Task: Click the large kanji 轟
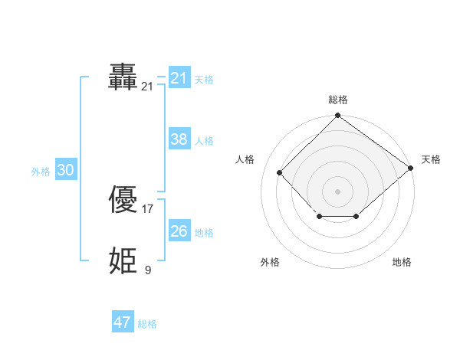click(123, 77)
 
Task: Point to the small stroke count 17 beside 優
click(148, 208)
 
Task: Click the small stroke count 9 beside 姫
click(148, 269)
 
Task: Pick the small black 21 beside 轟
click(148, 87)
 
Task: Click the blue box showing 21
click(179, 78)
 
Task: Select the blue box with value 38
click(179, 139)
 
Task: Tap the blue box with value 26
click(179, 231)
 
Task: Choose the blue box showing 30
click(65, 171)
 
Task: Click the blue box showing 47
click(123, 322)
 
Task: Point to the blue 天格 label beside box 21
click(204, 80)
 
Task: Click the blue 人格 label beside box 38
click(204, 141)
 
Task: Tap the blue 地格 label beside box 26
click(204, 233)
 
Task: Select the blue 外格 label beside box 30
click(41, 172)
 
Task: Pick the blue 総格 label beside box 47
click(147, 324)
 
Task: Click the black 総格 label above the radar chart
click(338, 100)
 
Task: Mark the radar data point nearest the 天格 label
click(411, 169)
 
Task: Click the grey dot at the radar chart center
click(337, 191)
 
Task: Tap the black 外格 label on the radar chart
click(270, 262)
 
